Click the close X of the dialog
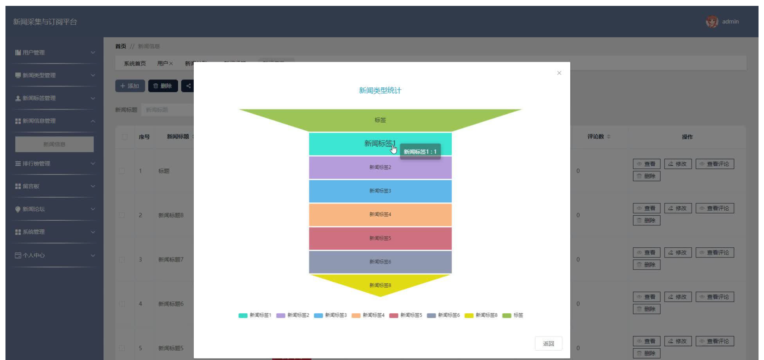tap(559, 73)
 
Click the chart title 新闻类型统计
tap(380, 90)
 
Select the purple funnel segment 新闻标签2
tap(380, 167)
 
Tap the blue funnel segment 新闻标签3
tap(380, 191)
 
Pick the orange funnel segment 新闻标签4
tap(380, 214)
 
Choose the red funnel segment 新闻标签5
tap(380, 238)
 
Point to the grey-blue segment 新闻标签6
tap(380, 262)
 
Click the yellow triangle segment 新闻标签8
tap(380, 285)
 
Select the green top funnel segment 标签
tap(380, 120)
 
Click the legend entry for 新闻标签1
tap(255, 315)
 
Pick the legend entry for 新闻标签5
tap(405, 315)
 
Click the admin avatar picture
tap(712, 22)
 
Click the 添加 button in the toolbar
tap(130, 86)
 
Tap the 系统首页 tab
tap(135, 63)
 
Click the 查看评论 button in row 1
tap(714, 164)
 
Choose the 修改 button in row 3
tap(678, 253)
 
